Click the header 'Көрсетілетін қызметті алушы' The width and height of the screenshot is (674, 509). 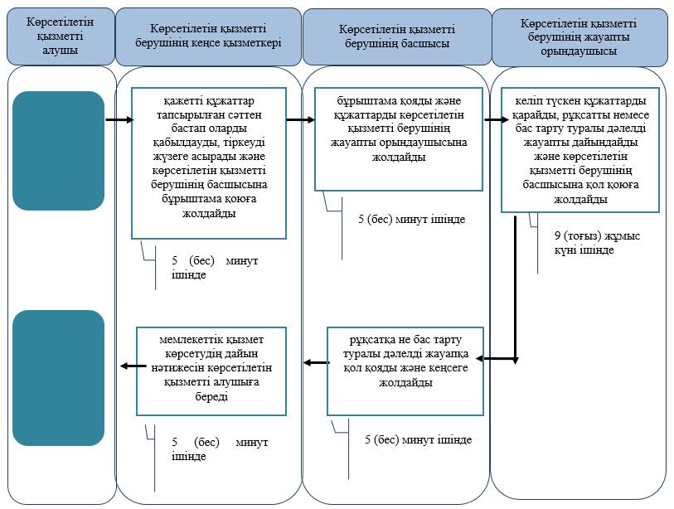[x=61, y=36]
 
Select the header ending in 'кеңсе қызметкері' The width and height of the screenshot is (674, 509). [x=208, y=36]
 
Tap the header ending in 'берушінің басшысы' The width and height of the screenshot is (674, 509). [x=397, y=36]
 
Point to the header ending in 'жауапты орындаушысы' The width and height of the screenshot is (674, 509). [x=579, y=37]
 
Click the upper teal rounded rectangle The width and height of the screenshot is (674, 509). [x=59, y=151]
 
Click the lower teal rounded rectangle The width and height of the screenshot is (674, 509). [x=59, y=377]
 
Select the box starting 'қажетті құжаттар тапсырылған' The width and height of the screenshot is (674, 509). [x=209, y=163]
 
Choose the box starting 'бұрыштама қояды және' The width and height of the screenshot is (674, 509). [x=399, y=139]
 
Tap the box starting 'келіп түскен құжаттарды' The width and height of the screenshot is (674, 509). [x=580, y=150]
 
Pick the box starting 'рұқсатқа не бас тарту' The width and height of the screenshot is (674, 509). [x=405, y=371]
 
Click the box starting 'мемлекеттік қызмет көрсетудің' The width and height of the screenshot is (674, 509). [x=211, y=371]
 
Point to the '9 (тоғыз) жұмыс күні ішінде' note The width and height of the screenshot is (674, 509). [x=597, y=243]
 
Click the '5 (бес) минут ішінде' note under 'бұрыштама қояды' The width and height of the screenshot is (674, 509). [x=412, y=219]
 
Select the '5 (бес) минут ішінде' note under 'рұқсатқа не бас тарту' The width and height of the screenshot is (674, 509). [x=418, y=440]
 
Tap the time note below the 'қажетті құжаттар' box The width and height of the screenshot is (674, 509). [x=215, y=268]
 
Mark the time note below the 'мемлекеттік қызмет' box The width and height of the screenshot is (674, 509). [x=220, y=448]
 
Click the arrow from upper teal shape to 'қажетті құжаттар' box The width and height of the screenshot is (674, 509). [x=120, y=120]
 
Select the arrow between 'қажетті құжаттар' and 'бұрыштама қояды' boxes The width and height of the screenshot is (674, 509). [x=301, y=120]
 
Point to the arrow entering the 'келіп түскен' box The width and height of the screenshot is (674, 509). [x=497, y=120]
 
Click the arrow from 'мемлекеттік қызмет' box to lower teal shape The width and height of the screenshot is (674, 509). [x=133, y=366]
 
